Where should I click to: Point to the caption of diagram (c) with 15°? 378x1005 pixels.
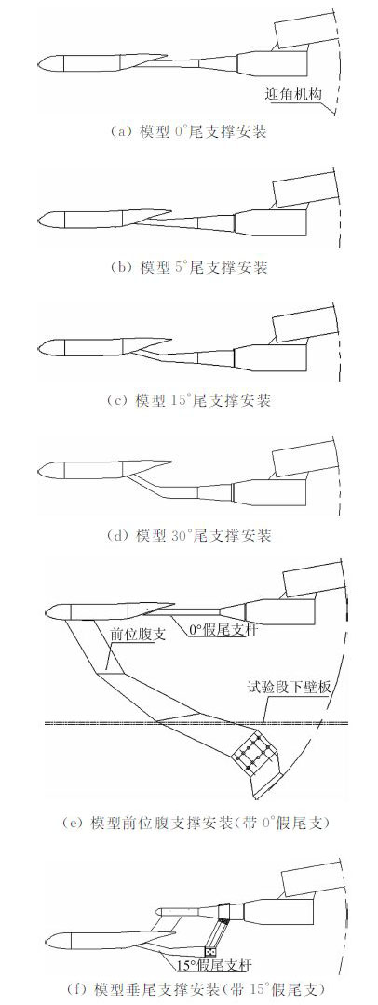pos(188,401)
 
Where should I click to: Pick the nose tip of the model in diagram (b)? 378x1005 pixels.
pos(38,219)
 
